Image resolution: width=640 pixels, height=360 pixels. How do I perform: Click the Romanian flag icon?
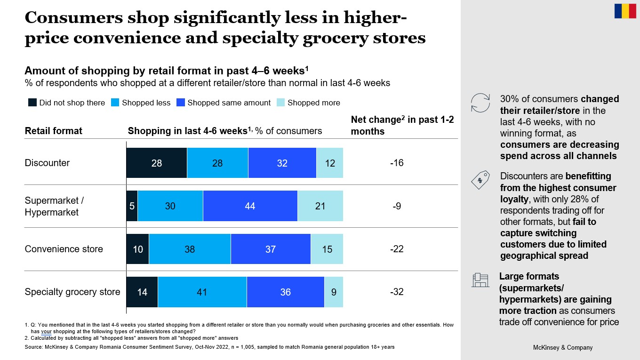click(x=625, y=11)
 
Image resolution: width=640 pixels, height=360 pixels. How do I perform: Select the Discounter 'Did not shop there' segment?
click(x=157, y=163)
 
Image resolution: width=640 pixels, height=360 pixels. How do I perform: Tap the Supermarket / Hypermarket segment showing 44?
click(x=250, y=206)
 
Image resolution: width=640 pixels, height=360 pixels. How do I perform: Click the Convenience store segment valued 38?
click(x=190, y=249)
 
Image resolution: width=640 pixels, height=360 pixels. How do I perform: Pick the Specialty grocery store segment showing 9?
click(x=334, y=292)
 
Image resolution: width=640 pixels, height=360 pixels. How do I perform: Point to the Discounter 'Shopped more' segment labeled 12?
click(x=330, y=163)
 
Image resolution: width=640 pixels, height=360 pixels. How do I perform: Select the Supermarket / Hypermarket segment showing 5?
click(x=132, y=206)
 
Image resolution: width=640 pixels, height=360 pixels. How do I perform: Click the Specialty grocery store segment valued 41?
click(x=202, y=292)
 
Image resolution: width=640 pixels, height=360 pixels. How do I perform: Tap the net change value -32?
click(x=397, y=292)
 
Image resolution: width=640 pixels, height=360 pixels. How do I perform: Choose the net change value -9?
click(x=397, y=206)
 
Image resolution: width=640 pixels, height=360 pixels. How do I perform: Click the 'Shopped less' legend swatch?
click(x=115, y=103)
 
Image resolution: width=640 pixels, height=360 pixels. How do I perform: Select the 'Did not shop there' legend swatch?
click(x=32, y=103)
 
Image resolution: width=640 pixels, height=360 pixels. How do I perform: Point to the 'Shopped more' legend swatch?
click(x=281, y=103)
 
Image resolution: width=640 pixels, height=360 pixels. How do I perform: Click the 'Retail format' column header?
click(x=54, y=131)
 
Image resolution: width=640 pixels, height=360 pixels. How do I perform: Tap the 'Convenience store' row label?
click(x=64, y=249)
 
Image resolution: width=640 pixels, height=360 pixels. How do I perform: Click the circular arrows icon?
click(x=480, y=103)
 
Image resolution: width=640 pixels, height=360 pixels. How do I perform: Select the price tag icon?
click(x=480, y=180)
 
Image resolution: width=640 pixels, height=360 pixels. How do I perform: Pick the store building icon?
click(x=480, y=280)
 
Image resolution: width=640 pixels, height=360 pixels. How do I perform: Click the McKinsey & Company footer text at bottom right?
click(x=562, y=348)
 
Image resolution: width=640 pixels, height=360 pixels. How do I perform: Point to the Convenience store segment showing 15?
click(x=327, y=249)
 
